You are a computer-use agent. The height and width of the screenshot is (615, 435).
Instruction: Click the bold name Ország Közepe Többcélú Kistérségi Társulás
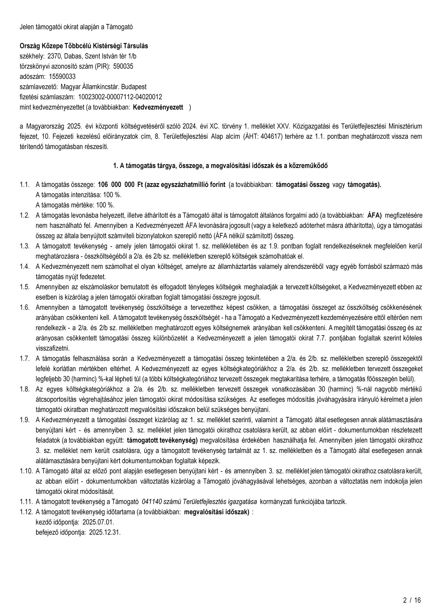click(x=84, y=46)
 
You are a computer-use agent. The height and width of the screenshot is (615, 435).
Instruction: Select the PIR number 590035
click(x=123, y=66)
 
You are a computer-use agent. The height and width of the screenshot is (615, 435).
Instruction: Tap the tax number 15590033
click(x=62, y=76)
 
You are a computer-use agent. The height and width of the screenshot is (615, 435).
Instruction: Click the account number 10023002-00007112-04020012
click(x=120, y=97)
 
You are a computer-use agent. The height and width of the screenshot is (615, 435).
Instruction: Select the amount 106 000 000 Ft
click(x=119, y=185)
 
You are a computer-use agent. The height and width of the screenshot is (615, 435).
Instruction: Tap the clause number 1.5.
click(x=25, y=287)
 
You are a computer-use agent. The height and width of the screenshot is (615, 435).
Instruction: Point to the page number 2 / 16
click(x=412, y=600)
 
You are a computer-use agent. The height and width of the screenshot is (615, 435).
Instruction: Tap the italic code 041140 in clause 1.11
click(x=150, y=502)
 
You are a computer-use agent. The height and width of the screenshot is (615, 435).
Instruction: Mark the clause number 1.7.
click(x=25, y=358)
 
